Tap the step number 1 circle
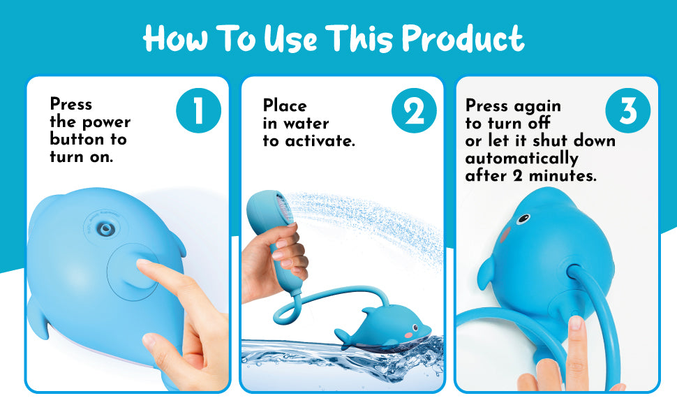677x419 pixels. pos(199,110)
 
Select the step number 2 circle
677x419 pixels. pos(414,110)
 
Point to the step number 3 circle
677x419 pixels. pos(627,110)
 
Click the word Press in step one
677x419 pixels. pos(70,104)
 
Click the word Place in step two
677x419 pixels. pos(285,105)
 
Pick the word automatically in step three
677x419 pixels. pos(521,159)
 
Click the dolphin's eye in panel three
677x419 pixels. pos(523,219)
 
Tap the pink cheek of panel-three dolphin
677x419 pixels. pos(505,235)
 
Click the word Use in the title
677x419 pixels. pos(290,39)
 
